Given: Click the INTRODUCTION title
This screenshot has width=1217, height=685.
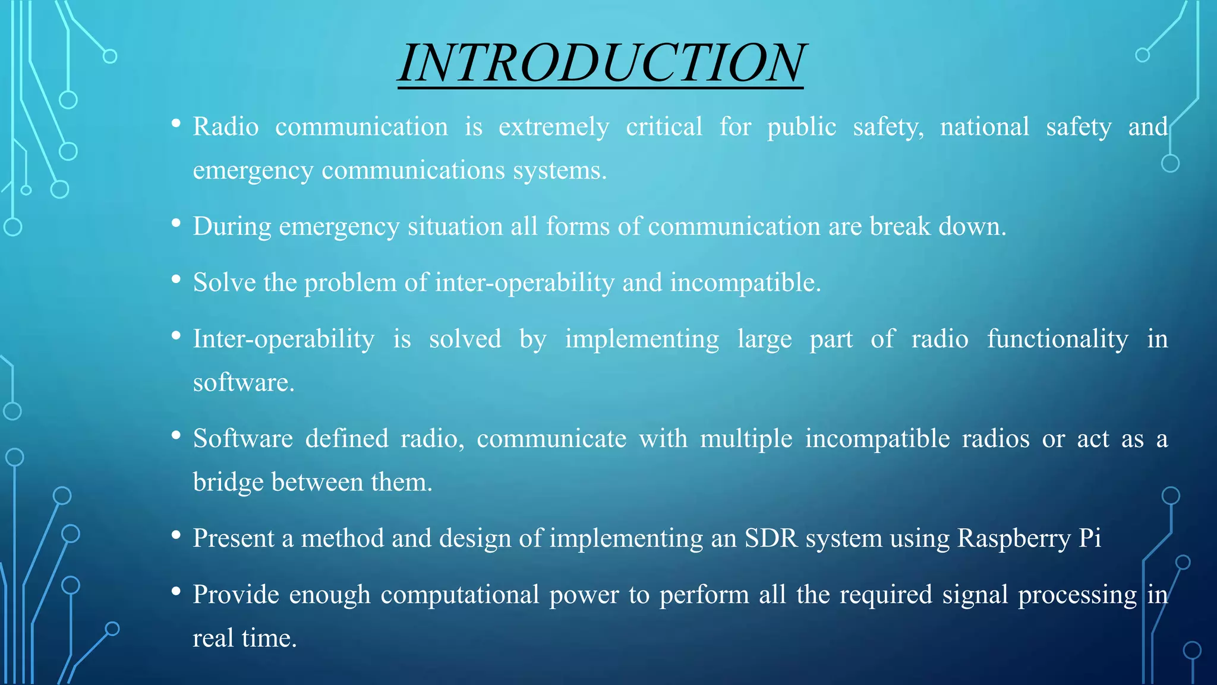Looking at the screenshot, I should [601, 63].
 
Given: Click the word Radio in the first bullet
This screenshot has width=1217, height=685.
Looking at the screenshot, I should [226, 127].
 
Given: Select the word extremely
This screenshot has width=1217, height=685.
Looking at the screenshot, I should [554, 127].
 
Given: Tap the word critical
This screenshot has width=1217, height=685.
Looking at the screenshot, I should [664, 127].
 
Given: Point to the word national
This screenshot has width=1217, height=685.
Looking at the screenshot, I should [984, 127].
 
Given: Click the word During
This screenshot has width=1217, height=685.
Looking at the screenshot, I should [232, 227].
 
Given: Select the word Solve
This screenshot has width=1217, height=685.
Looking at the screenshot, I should [224, 282].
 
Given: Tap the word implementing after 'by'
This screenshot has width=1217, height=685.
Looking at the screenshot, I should [642, 339].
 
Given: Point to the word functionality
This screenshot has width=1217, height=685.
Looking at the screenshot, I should [1057, 339].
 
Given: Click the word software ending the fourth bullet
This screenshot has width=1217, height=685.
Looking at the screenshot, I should [244, 382].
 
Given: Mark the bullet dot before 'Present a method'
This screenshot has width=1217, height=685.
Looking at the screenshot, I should [176, 535].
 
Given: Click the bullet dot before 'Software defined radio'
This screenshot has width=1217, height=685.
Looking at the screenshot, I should [176, 436].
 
